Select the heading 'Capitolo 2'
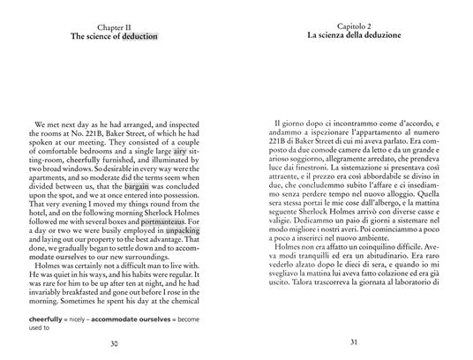tap(351, 26)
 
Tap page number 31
tap(351, 343)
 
